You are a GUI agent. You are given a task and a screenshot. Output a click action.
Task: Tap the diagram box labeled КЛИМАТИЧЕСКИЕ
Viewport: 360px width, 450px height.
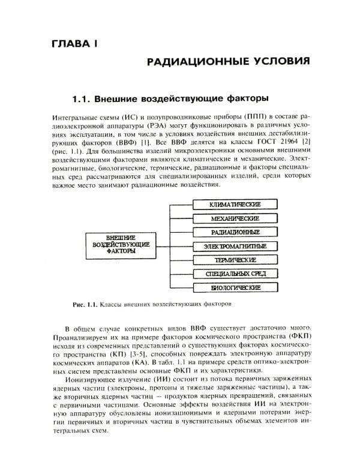pyautogui.click(x=235, y=204)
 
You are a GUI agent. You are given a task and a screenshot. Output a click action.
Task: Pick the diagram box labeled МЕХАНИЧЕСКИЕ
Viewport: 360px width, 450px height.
pyautogui.click(x=235, y=218)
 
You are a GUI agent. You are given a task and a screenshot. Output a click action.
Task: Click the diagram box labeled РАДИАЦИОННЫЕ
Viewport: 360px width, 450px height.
pyautogui.click(x=235, y=232)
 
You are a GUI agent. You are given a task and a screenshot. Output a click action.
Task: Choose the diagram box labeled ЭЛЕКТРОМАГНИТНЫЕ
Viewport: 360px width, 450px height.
pyautogui.click(x=235, y=246)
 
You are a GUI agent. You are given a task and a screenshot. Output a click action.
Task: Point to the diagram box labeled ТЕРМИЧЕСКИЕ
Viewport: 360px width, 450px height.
pyautogui.click(x=235, y=260)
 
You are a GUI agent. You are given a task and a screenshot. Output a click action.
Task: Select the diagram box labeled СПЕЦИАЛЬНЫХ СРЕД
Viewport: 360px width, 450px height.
pyautogui.click(x=235, y=274)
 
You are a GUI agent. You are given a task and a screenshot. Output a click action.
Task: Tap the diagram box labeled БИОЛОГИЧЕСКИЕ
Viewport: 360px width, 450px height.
pyautogui.click(x=235, y=287)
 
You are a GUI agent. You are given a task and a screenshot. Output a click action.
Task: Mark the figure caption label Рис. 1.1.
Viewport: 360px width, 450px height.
pyautogui.click(x=84, y=304)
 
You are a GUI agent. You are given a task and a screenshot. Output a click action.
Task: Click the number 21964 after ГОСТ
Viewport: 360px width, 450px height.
pyautogui.click(x=285, y=143)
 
